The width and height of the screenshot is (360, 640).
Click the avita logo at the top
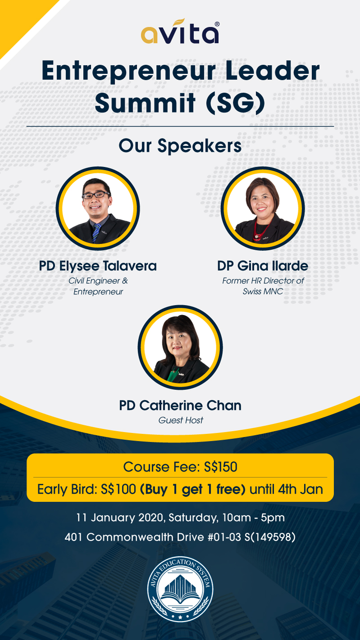click(x=180, y=32)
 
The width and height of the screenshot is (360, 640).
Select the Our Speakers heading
click(x=180, y=146)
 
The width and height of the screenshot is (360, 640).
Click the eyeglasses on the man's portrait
click(x=96, y=195)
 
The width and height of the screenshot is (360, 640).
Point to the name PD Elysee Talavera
click(x=98, y=266)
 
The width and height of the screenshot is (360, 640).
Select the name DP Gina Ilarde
click(x=262, y=266)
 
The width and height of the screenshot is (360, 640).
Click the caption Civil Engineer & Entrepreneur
click(x=98, y=286)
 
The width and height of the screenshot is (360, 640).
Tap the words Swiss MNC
click(x=263, y=292)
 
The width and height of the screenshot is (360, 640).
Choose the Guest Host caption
click(x=180, y=420)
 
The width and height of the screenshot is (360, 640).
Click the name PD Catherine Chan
click(x=180, y=406)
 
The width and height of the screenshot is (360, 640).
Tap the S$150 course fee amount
click(x=220, y=467)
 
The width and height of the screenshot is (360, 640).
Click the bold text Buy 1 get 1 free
click(x=193, y=489)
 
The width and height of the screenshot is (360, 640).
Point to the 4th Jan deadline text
click(x=301, y=489)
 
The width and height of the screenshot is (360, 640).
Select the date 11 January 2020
click(x=120, y=518)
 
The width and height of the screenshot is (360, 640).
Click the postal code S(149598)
click(x=270, y=537)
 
